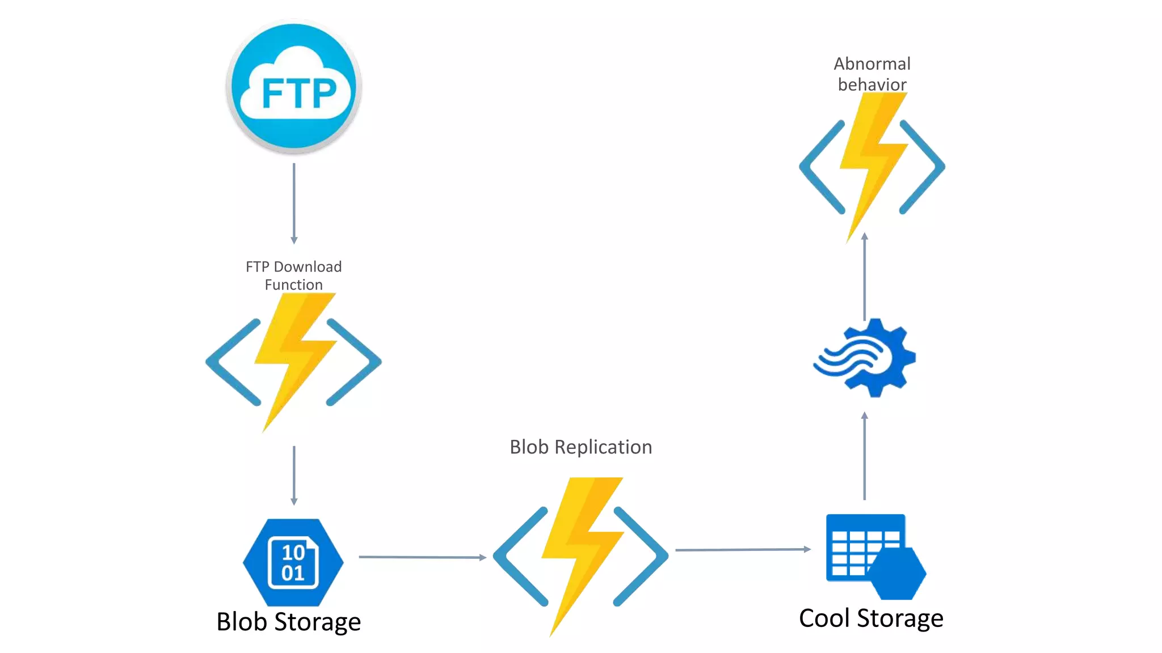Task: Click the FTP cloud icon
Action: (294, 86)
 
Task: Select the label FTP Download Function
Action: (294, 275)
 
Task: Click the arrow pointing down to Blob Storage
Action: (294, 475)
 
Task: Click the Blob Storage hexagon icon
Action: (293, 562)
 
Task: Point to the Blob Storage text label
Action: (288, 622)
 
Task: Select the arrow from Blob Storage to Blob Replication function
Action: (422, 557)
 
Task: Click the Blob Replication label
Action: (580, 447)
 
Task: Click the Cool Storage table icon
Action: (868, 553)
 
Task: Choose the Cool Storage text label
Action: (871, 618)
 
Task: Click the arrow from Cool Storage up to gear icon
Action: (864, 456)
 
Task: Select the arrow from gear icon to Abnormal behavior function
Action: (864, 277)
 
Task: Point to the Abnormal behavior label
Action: (872, 74)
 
